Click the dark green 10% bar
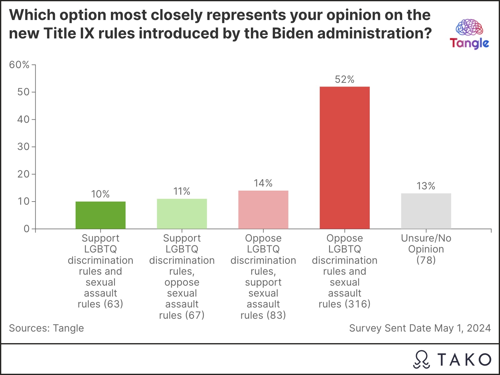[x=100, y=215]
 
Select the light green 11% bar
[x=182, y=214]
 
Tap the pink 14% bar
[x=263, y=210]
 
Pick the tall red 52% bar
[x=345, y=157]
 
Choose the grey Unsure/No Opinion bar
[x=426, y=211]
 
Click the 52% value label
[x=345, y=79]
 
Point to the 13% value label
[x=426, y=186]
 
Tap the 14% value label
[x=263, y=183]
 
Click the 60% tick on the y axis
[x=19, y=65]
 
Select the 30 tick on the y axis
[x=23, y=147]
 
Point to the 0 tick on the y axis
[x=27, y=229]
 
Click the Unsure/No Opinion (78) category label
[x=426, y=249]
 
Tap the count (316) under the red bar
[x=357, y=304]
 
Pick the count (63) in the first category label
[x=113, y=304]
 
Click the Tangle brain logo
[x=469, y=27]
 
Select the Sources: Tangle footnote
[x=47, y=328]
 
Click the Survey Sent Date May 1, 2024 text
[x=420, y=328]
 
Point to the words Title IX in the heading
[x=69, y=33]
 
